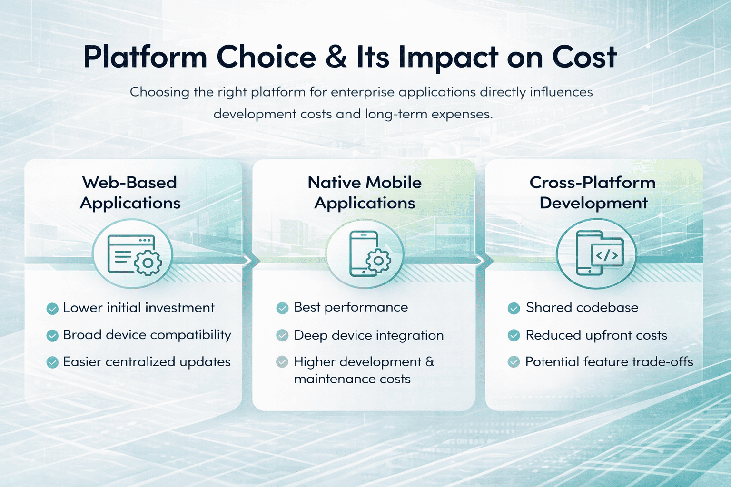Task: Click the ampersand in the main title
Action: point(336,57)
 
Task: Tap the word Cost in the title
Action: point(584,57)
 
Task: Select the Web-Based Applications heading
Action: point(130,193)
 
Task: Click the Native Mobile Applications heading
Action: point(365,193)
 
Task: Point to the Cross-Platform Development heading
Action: point(593,193)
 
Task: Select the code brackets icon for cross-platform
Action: point(607,255)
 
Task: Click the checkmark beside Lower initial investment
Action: point(52,309)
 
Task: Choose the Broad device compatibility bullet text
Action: point(147,335)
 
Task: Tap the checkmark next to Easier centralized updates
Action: point(52,362)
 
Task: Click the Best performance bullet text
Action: point(351,308)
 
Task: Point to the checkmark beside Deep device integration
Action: point(282,335)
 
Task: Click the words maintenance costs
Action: point(352,379)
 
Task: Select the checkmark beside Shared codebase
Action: point(514,308)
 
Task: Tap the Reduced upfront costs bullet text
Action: point(596,335)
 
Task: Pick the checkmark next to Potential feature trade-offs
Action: point(514,362)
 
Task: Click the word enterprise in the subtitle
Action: point(363,93)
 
